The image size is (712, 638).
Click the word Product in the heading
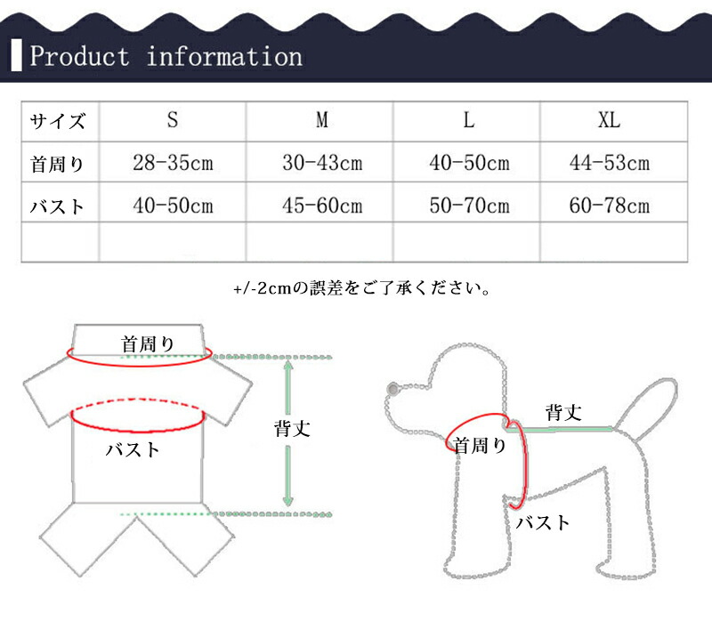(79, 56)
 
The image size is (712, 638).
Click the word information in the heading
(224, 56)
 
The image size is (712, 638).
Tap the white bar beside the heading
(16, 55)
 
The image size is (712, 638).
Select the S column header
(172, 120)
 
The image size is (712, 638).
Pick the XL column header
(609, 120)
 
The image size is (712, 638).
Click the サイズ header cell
(57, 121)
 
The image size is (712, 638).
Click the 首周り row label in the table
(57, 164)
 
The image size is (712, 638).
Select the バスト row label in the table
(57, 206)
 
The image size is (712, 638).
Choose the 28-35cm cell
(173, 163)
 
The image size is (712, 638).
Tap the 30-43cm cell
(322, 163)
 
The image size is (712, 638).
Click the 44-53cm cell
(610, 163)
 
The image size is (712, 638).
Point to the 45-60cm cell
(322, 206)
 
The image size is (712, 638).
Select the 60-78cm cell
(610, 206)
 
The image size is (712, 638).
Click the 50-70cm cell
(470, 206)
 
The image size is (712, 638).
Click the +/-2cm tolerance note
(361, 288)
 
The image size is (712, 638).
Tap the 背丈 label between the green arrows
(292, 429)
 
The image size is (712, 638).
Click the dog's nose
(392, 389)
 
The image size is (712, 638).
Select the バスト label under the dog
(543, 522)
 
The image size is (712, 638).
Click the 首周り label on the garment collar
(148, 344)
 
